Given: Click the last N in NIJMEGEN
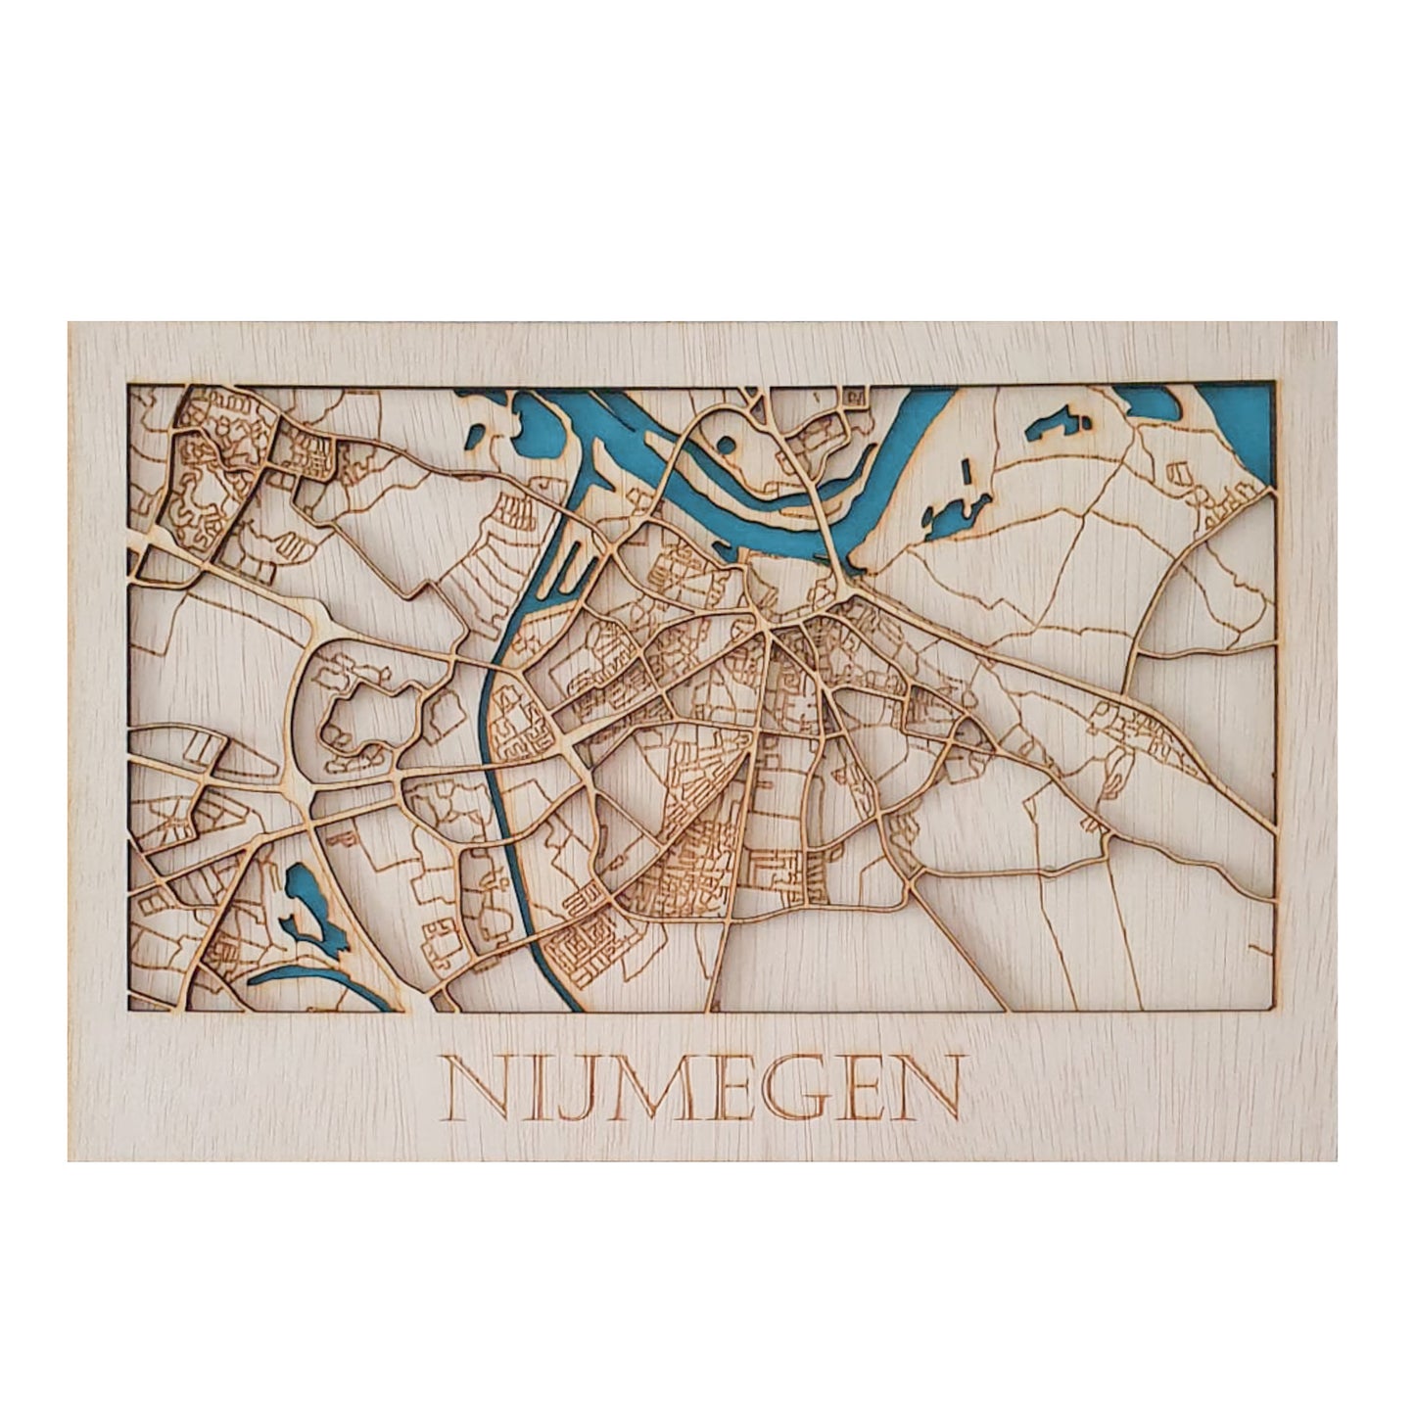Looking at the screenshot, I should click(x=925, y=1088).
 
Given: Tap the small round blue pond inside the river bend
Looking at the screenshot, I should click(x=726, y=445).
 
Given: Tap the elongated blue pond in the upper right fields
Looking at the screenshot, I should click(x=1058, y=424).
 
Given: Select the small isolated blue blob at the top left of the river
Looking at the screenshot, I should click(x=477, y=435).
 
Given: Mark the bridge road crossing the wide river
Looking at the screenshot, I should click(x=828, y=529).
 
